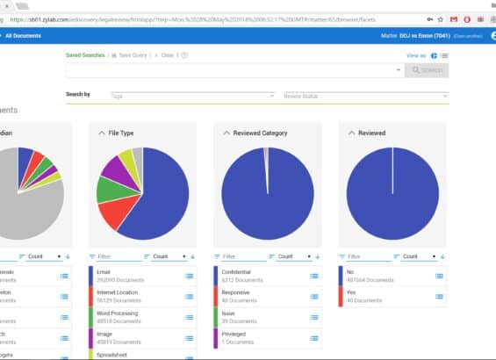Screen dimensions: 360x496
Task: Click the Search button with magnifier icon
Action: [426, 70]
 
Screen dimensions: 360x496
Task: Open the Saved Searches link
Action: [85, 55]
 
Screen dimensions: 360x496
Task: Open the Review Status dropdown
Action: [364, 96]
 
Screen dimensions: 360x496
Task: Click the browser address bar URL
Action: [176, 18]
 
